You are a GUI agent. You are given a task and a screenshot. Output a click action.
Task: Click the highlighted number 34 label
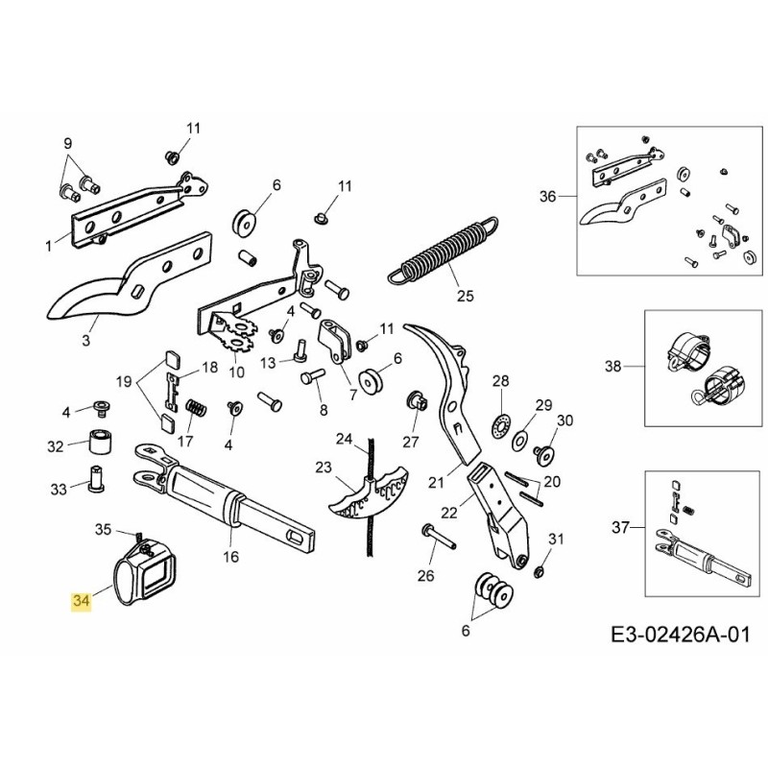[82, 602]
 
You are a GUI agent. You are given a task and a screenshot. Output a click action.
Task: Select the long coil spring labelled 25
[444, 252]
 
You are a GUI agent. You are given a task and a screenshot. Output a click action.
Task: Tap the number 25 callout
[465, 296]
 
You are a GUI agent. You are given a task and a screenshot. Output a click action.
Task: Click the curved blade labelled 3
[115, 288]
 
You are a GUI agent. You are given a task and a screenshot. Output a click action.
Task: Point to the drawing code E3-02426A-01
[679, 636]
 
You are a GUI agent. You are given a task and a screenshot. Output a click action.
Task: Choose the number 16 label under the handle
[230, 557]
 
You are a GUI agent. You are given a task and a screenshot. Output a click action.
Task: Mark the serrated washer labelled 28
[498, 424]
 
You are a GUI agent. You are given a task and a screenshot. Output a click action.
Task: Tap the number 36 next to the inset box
[547, 197]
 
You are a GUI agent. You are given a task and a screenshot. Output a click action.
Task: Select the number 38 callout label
[613, 366]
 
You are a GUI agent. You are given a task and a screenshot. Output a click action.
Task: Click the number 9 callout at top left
[68, 143]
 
